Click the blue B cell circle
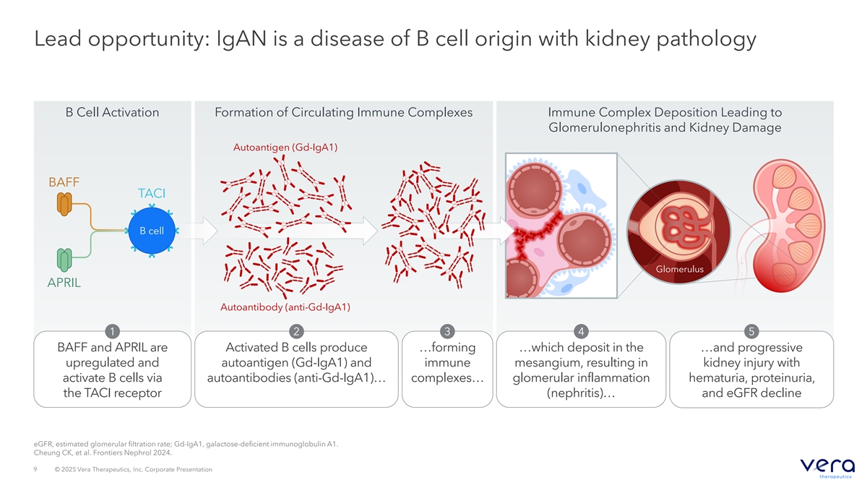point(152,231)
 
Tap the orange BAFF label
point(64,182)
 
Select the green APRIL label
point(64,283)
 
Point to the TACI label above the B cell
point(152,193)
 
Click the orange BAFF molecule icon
point(64,204)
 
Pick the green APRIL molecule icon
point(64,260)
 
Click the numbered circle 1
point(112,332)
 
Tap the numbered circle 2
point(296,332)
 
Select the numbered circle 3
point(447,332)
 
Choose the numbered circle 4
point(581,332)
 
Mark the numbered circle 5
point(751,332)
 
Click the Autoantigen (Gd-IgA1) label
point(285,147)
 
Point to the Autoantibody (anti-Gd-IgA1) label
point(285,307)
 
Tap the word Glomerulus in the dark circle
point(680,269)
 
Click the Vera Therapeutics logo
point(827,468)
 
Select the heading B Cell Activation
point(112,112)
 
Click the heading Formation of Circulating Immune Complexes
point(344,112)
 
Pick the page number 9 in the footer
point(35,469)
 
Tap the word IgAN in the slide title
point(241,39)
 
